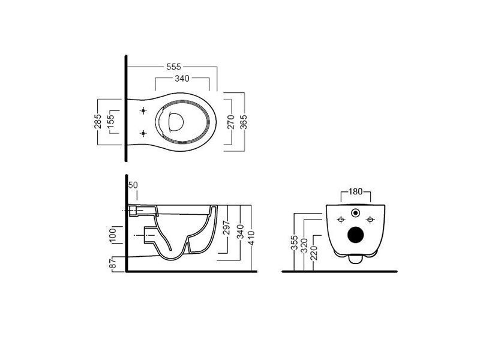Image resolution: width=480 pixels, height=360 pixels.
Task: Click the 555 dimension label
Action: (174, 67)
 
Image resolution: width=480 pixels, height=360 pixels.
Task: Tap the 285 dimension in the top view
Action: (98, 121)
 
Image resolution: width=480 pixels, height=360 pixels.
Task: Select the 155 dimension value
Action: (110, 121)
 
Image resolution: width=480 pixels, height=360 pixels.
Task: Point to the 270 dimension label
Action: (231, 122)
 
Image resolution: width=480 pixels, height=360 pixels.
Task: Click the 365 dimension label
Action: (244, 122)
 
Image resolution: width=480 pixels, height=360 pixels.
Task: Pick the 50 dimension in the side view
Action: (133, 185)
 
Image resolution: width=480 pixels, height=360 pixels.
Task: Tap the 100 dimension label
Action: (113, 235)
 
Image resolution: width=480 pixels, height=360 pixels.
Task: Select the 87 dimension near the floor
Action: (113, 263)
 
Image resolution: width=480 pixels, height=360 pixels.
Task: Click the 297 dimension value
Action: (226, 227)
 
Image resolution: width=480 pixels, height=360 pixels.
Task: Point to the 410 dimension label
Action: (251, 238)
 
